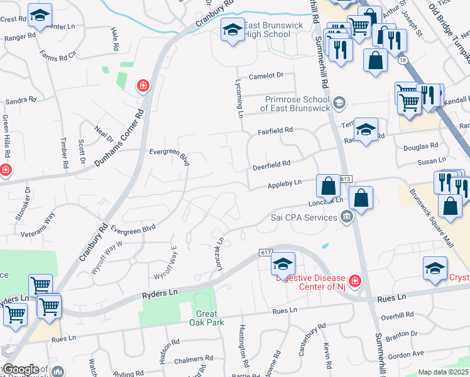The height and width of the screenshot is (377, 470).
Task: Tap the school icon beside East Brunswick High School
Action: pyautogui.click(x=232, y=30)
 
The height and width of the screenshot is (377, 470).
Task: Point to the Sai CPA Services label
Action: pyautogui.click(x=304, y=217)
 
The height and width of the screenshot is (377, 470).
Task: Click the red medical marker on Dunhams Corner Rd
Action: pyautogui.click(x=143, y=85)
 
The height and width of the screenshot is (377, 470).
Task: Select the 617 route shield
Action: pyautogui.click(x=264, y=253)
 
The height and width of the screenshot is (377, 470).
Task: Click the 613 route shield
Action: pyautogui.click(x=346, y=179)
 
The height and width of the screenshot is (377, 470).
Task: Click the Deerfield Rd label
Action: pyautogui.click(x=271, y=163)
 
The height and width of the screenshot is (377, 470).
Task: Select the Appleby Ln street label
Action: pyautogui.click(x=285, y=183)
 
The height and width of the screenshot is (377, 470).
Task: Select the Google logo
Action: pyautogui.click(x=20, y=369)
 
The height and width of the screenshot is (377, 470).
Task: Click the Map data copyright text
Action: pyautogui.click(x=444, y=372)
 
